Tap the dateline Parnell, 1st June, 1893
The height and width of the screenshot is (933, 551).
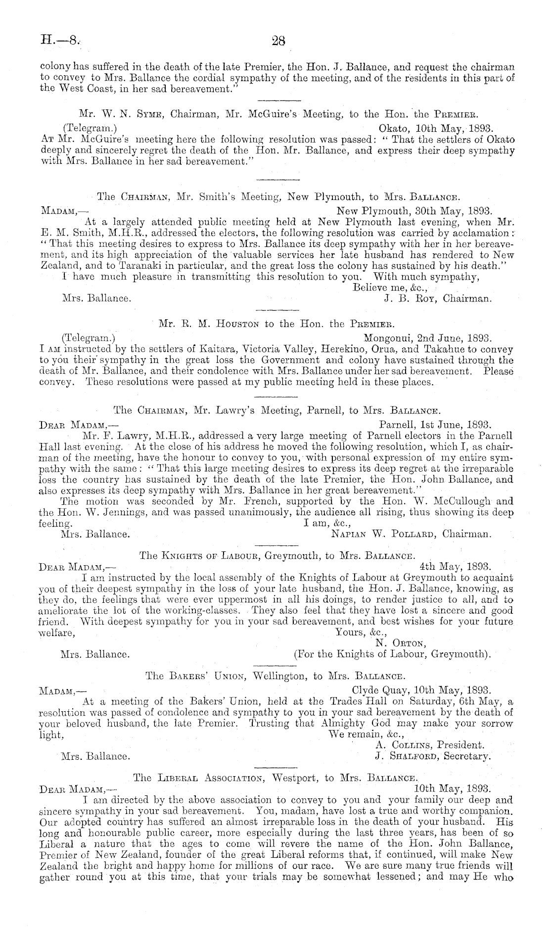[x=435, y=424]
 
